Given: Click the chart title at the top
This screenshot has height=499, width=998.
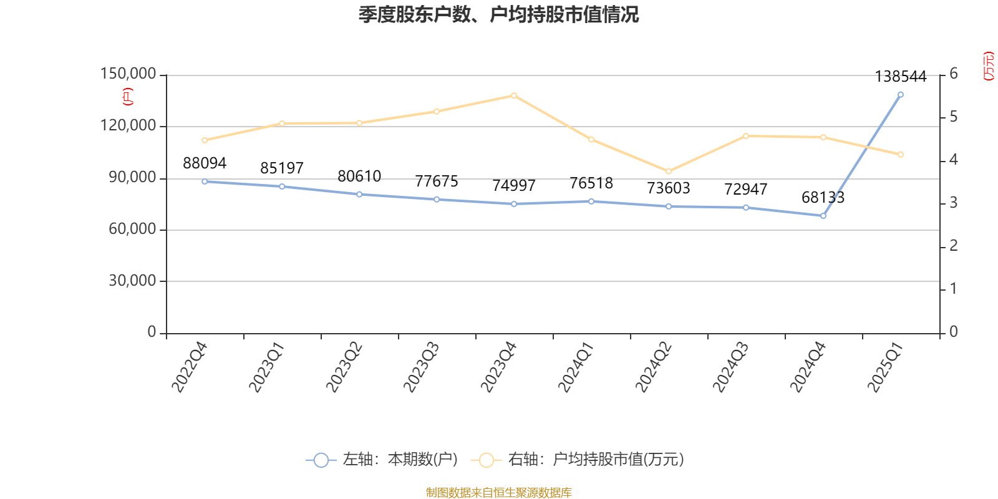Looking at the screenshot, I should (498, 14).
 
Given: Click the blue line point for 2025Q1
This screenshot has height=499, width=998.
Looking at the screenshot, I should (900, 95).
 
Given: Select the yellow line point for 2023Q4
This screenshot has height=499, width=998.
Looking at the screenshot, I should (514, 95).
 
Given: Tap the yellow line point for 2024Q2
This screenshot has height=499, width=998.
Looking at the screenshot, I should (669, 172).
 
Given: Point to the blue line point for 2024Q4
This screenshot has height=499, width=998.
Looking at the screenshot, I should (823, 216).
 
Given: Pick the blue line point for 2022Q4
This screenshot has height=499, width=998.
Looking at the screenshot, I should (205, 182).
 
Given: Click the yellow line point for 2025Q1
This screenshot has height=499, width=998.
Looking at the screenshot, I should (900, 155).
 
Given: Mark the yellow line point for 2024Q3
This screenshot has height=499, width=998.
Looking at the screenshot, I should (746, 136).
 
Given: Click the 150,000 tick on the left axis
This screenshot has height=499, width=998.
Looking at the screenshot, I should (128, 74).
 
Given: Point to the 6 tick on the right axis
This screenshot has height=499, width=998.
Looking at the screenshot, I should (954, 74).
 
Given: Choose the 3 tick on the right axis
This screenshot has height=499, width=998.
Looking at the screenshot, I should (954, 203).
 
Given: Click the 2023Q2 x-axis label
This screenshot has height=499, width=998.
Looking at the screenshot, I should (344, 367).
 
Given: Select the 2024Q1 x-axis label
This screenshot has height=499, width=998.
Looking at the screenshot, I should (576, 367).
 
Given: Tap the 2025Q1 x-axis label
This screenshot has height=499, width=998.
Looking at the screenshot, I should (885, 367).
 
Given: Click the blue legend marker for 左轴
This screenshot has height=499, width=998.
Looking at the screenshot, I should (321, 460).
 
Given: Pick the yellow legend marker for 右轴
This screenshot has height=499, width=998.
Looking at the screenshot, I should (487, 460).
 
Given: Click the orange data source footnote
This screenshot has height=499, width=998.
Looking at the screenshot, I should (498, 493).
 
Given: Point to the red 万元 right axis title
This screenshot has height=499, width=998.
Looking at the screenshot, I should (989, 66).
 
